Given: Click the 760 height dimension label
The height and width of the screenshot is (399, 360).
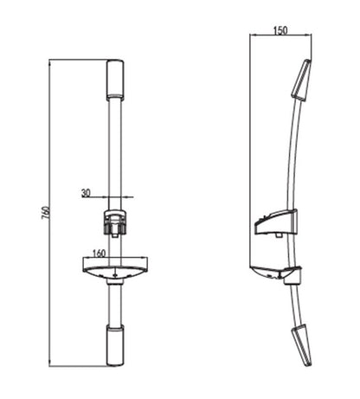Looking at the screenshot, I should pyautogui.click(x=46, y=213).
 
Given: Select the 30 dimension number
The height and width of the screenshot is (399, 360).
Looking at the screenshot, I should pyautogui.click(x=87, y=193).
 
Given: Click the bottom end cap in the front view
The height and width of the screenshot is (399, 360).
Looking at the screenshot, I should pyautogui.click(x=115, y=344).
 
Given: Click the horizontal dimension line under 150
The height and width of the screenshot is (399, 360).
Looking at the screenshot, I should pyautogui.click(x=280, y=35).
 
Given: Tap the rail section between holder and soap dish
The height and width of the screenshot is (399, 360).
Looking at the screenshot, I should pyautogui.click(x=115, y=246).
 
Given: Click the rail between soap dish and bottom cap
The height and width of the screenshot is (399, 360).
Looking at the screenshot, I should pyautogui.click(x=115, y=303).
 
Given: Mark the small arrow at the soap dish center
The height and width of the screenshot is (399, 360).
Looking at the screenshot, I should pyautogui.click(x=115, y=279).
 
